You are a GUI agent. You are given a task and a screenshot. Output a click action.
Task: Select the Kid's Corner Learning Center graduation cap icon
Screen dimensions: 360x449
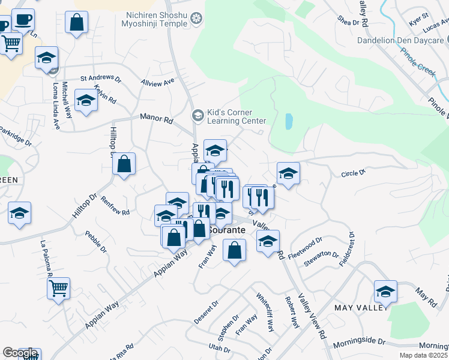click(x=197, y=114)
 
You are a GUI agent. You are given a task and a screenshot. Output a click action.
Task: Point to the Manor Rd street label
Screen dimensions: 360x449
click(x=156, y=119)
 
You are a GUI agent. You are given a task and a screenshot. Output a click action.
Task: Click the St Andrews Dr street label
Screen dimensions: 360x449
click(x=101, y=79)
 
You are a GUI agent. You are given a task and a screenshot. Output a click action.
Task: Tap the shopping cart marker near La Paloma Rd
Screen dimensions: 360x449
click(x=58, y=289)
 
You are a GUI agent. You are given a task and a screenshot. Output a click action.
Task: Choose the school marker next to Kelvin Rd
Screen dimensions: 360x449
click(x=86, y=100)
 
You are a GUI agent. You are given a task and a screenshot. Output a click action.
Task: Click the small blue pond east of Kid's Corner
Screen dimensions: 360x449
click(x=289, y=122)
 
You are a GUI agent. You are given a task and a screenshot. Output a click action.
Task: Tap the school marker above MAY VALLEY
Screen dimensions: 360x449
click(x=385, y=292)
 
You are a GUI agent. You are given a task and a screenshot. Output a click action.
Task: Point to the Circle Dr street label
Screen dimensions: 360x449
click(x=353, y=173)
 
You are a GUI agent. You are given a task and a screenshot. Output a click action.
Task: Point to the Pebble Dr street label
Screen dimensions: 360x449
click(x=95, y=242)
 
